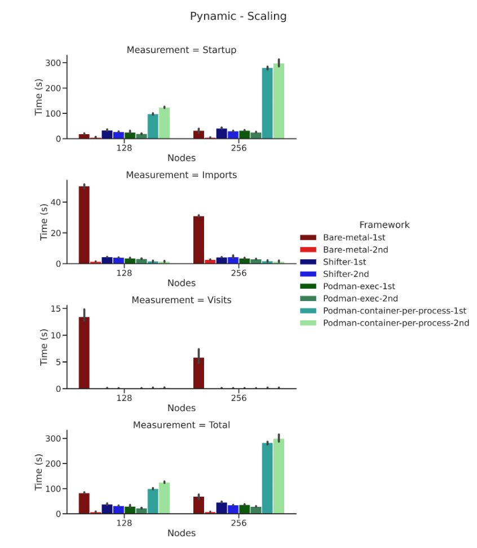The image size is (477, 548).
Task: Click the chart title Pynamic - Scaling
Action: (x=238, y=16)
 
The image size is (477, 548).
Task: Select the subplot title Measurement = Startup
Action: (x=181, y=50)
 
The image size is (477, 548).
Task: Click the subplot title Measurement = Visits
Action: (x=181, y=300)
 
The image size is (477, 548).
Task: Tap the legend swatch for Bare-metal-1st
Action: (x=308, y=237)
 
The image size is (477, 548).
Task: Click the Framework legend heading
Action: (x=384, y=225)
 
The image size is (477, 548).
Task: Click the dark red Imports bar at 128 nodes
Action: (x=84, y=226)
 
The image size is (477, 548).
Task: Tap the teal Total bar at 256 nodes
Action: (x=267, y=478)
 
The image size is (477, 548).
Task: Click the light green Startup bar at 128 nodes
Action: (x=164, y=123)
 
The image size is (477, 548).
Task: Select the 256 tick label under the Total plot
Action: (x=238, y=523)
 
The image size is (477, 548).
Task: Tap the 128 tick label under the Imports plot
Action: (x=124, y=272)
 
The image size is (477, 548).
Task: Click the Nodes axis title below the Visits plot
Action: (x=181, y=408)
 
